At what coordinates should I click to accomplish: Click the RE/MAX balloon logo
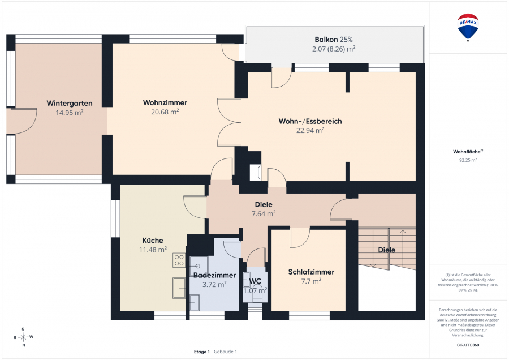[x=468, y=27]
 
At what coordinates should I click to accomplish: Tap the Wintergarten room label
[x=70, y=104]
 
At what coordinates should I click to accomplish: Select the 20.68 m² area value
[x=165, y=112]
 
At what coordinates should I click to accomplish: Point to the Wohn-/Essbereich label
[x=310, y=121]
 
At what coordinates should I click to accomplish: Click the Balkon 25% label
[x=333, y=40]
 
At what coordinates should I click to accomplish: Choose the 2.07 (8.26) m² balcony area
[x=333, y=49]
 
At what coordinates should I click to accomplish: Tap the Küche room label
[x=153, y=241]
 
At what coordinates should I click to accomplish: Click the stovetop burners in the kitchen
[x=179, y=260]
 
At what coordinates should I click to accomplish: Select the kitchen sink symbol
[x=179, y=288]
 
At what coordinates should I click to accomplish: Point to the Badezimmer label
[x=214, y=275]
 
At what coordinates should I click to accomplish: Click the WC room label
[x=255, y=281]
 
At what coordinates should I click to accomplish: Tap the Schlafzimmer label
[x=311, y=272]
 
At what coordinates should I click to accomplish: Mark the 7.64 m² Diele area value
[x=263, y=214]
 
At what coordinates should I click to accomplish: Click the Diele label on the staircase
[x=387, y=250]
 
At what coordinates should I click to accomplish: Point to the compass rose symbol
[x=23, y=337]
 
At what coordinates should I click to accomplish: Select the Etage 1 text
[x=202, y=352]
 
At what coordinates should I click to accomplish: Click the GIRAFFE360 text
[x=468, y=345]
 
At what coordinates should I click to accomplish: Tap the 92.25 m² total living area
[x=468, y=160]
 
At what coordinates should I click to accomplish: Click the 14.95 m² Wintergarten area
[x=70, y=113]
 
